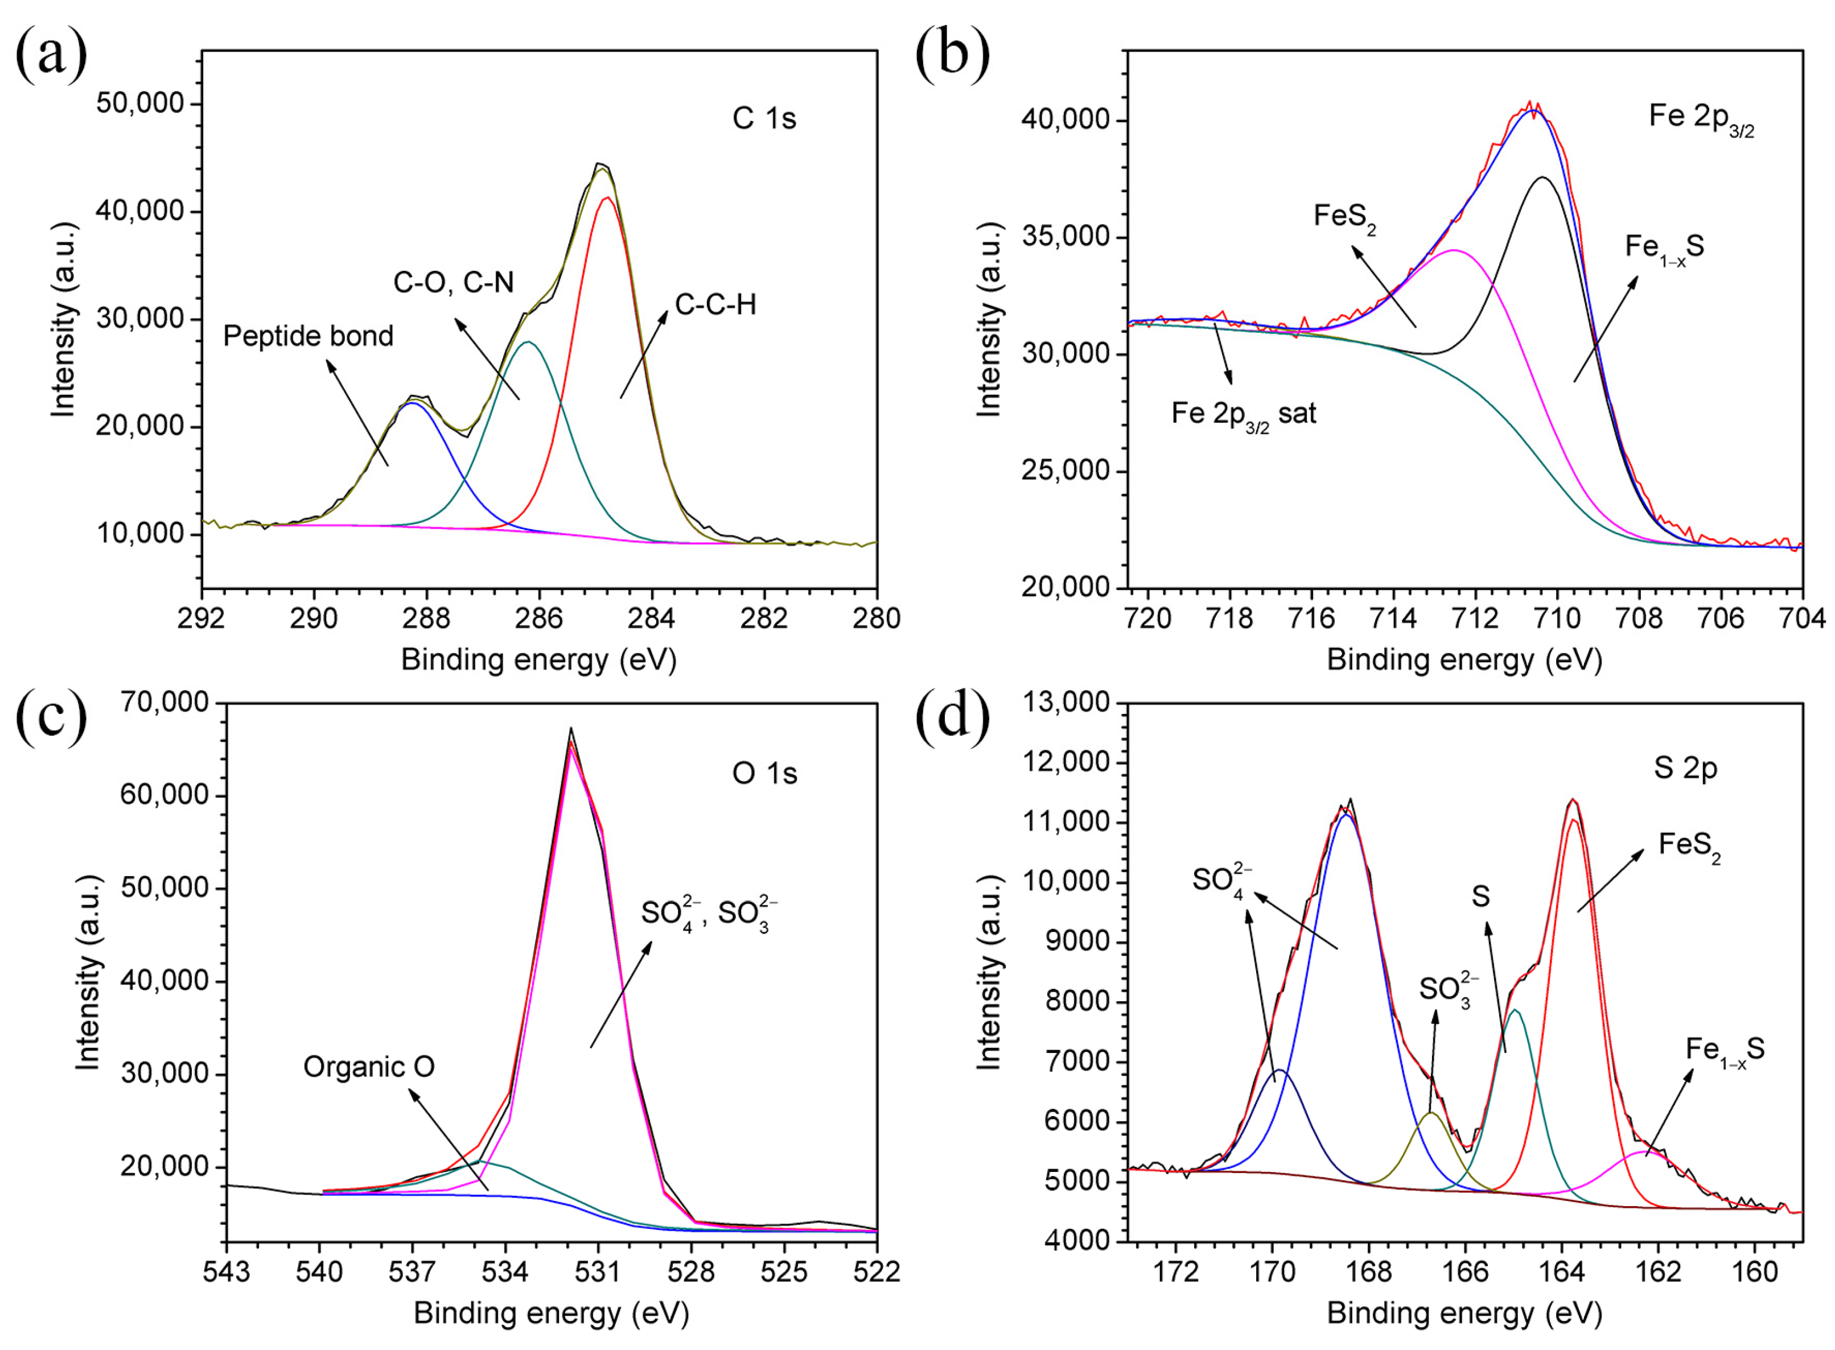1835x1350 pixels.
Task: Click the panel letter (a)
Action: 51,55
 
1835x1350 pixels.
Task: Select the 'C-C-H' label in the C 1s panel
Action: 715,305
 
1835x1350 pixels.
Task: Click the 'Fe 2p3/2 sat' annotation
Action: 1243,414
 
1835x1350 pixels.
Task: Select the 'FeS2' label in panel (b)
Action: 1344,217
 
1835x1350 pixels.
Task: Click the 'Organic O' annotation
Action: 369,1067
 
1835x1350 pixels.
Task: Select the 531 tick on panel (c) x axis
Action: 598,1271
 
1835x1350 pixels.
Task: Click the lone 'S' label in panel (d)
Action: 1480,897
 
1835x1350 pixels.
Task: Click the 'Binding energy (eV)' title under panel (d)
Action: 1464,1313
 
